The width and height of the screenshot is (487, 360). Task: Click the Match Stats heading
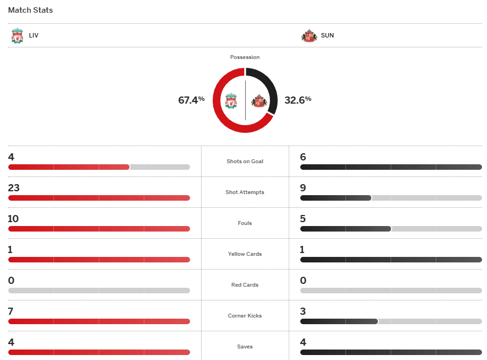(30, 10)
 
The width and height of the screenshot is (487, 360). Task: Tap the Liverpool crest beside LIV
(17, 36)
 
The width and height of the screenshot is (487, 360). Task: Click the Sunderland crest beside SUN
(309, 36)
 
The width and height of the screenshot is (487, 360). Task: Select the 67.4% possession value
(191, 100)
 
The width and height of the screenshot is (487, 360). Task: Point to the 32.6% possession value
(297, 100)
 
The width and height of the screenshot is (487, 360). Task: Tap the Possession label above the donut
(245, 57)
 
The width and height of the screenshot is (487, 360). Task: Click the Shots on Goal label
(245, 162)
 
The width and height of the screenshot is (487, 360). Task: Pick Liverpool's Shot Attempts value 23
(14, 188)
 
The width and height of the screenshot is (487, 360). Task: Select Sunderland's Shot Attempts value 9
(303, 188)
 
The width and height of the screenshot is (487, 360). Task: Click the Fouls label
(245, 223)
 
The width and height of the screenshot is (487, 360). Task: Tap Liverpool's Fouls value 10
(13, 219)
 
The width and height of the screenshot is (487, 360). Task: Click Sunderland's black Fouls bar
(345, 229)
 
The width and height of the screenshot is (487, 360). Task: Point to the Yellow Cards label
(245, 254)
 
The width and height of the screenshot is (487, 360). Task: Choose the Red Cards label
(245, 285)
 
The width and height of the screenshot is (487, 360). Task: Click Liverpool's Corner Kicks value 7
(11, 311)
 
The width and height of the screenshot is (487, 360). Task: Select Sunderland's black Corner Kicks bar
(339, 321)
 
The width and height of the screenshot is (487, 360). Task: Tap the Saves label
(245, 347)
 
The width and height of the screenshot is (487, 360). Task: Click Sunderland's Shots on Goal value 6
(303, 157)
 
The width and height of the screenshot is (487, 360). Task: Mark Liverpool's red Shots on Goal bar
(69, 167)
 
